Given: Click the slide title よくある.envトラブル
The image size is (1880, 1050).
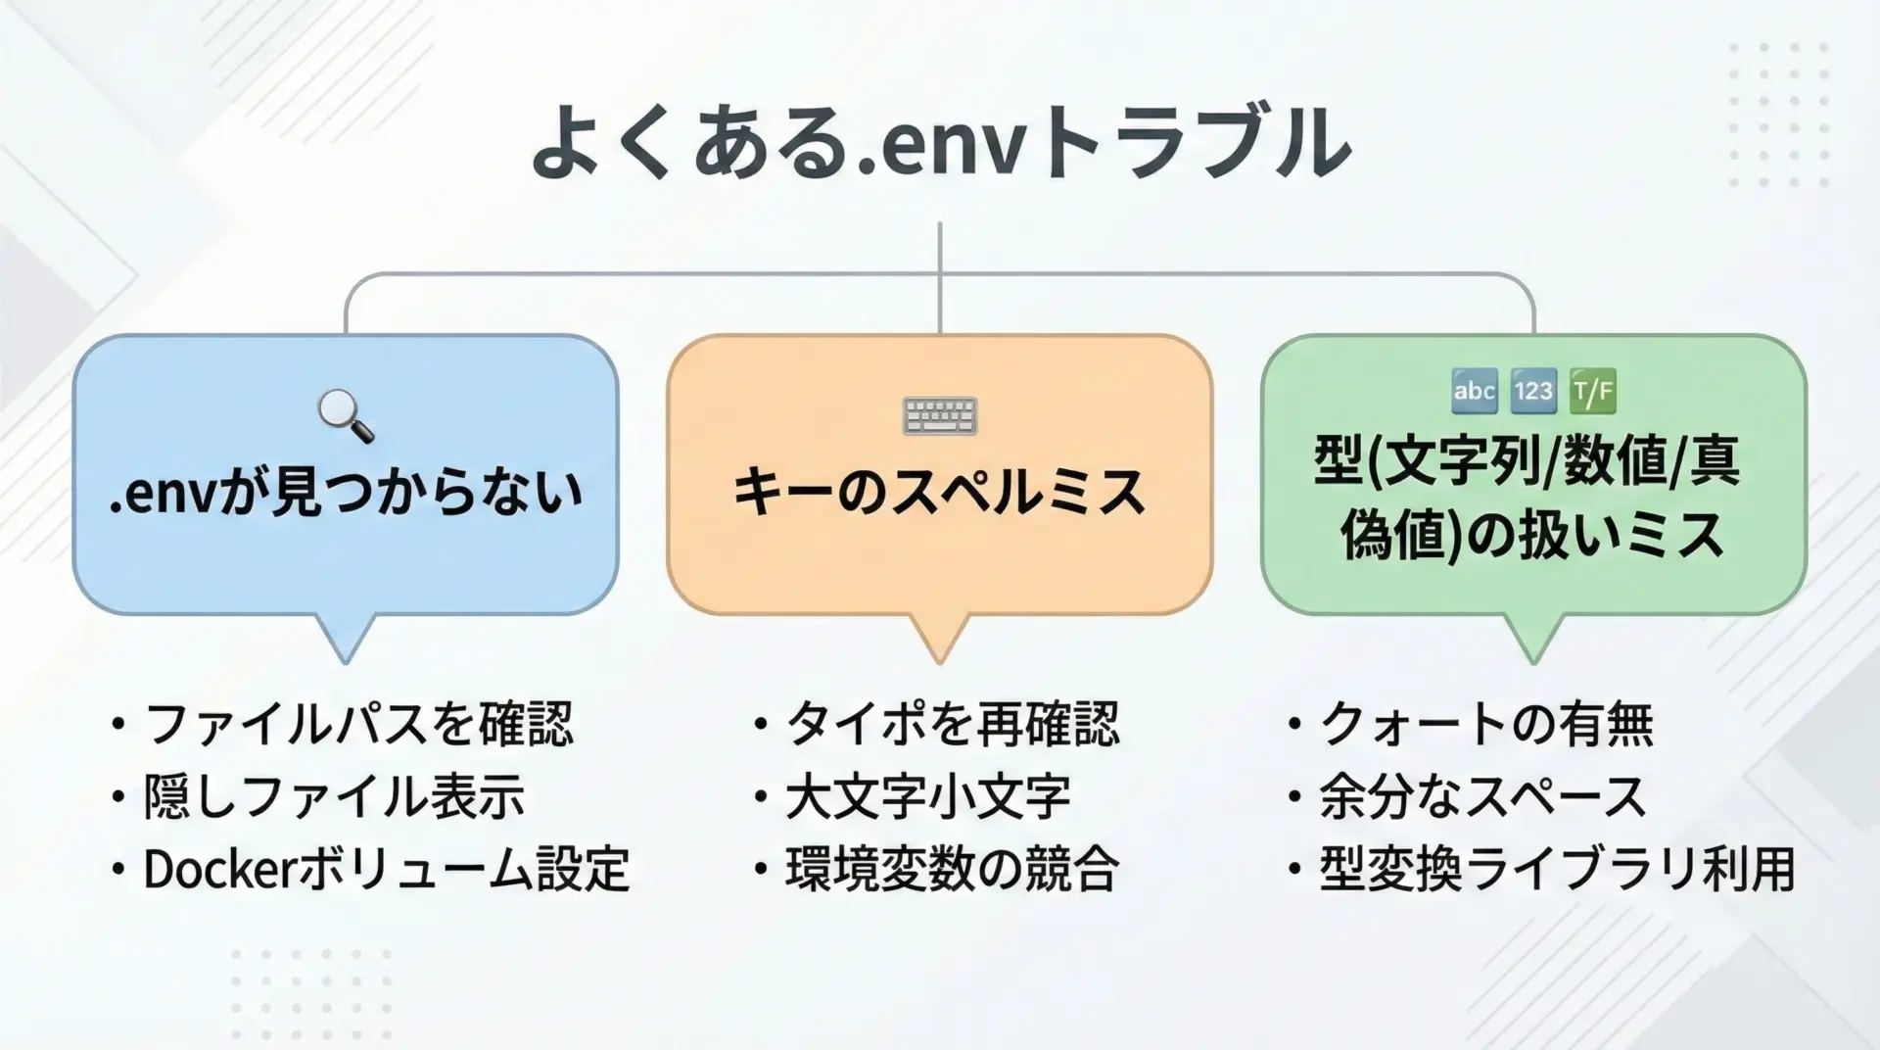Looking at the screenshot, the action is pyautogui.click(x=940, y=144).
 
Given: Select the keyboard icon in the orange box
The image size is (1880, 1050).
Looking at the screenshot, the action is pyautogui.click(x=940, y=415).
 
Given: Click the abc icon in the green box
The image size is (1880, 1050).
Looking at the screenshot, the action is pyautogui.click(x=1475, y=392).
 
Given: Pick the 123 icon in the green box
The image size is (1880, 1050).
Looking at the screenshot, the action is pyautogui.click(x=1533, y=392).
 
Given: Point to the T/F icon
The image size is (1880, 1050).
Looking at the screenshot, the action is pyautogui.click(x=1593, y=392).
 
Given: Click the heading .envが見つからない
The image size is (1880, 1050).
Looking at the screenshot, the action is pyautogui.click(x=346, y=491).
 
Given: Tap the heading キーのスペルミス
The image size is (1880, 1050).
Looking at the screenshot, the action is pyautogui.click(x=940, y=491).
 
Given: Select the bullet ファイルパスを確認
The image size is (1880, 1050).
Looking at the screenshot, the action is pyautogui.click(x=358, y=725).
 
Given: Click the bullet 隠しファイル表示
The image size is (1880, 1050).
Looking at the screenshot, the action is pyautogui.click(x=334, y=796).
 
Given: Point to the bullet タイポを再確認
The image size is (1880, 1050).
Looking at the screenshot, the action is pyautogui.click(x=953, y=725).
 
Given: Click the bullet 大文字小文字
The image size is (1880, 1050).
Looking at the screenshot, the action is pyautogui.click(x=928, y=796).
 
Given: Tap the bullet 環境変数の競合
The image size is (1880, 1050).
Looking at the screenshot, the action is pyautogui.click(x=953, y=869).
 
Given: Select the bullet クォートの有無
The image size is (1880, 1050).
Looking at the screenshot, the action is pyautogui.click(x=1486, y=725).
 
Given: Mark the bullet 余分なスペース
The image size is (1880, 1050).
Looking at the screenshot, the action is pyautogui.click(x=1482, y=796).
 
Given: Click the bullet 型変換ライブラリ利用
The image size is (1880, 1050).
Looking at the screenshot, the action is pyautogui.click(x=1558, y=869).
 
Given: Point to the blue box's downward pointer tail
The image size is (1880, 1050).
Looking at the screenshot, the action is pyautogui.click(x=346, y=638).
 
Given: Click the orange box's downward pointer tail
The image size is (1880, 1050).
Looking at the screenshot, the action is pyautogui.click(x=940, y=638).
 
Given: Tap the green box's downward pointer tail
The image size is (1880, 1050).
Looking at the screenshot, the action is pyautogui.click(x=1533, y=638).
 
